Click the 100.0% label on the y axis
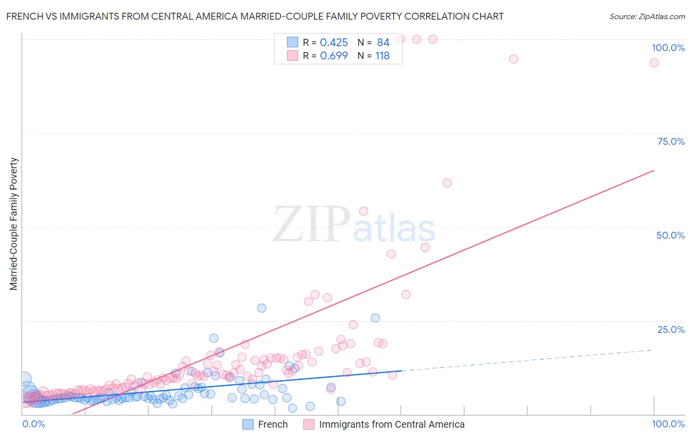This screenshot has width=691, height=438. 668,48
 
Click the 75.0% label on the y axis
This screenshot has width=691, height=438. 671,141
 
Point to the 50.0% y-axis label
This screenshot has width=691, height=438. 670,235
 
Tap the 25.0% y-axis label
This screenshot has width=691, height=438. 671,329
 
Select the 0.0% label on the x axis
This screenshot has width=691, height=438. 33,424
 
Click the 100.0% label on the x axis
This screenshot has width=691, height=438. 668,424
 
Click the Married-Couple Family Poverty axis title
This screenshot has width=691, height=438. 14,224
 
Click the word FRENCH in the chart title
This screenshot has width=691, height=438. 23,16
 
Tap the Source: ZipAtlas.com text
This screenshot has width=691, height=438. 647,17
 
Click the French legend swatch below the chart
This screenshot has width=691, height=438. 248,424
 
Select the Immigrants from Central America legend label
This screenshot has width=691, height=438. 391,424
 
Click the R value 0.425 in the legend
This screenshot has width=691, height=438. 334,43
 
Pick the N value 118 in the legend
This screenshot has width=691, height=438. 382,56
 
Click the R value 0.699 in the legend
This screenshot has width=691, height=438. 334,56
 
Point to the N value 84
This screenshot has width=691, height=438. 383,43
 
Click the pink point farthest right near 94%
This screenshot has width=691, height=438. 654,62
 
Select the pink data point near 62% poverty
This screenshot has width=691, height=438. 447,183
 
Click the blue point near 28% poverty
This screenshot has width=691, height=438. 261,308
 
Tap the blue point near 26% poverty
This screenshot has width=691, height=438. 375,318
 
